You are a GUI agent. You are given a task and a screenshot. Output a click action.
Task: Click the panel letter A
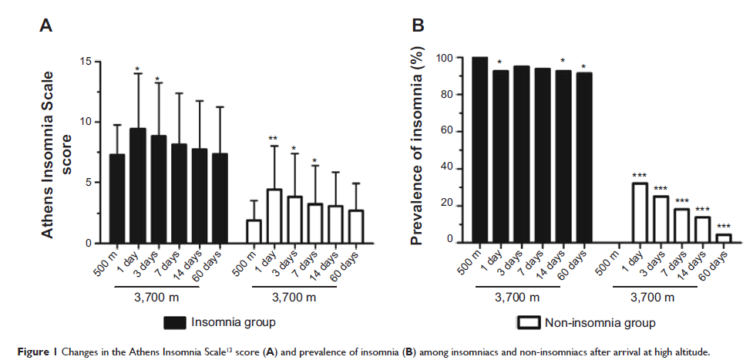pos(46,27)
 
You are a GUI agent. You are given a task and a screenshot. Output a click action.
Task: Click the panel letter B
pos(419,27)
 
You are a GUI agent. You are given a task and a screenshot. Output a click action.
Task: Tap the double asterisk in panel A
pos(273,140)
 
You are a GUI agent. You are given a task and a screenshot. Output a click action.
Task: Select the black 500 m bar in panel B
pos(479,150)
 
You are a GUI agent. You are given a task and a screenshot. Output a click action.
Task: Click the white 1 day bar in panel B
pos(638,213)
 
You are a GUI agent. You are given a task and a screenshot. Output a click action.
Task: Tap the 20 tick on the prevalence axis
pos(449,206)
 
